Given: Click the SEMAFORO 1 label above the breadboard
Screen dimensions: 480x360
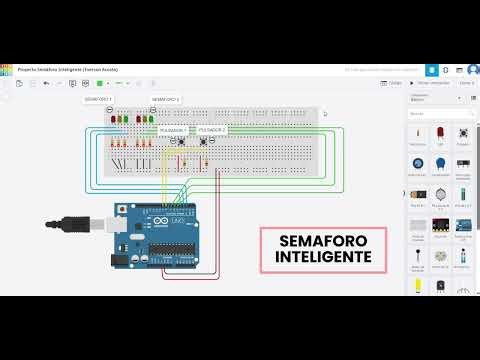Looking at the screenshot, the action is (x=97, y=100).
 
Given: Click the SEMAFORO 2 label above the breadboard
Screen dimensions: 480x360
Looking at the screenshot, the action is (x=165, y=100).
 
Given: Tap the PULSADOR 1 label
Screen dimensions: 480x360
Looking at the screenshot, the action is (x=172, y=130).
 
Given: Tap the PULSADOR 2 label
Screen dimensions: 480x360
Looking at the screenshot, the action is (x=212, y=130).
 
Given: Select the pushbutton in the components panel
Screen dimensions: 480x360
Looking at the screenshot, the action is (x=463, y=134).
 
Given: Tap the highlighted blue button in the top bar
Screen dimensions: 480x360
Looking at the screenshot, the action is (x=431, y=71).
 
